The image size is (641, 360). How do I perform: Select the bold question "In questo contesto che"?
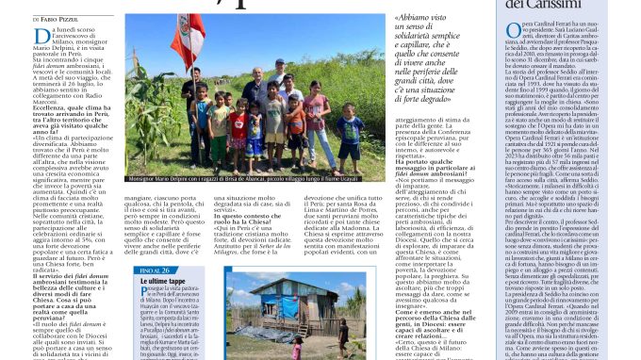251,215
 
